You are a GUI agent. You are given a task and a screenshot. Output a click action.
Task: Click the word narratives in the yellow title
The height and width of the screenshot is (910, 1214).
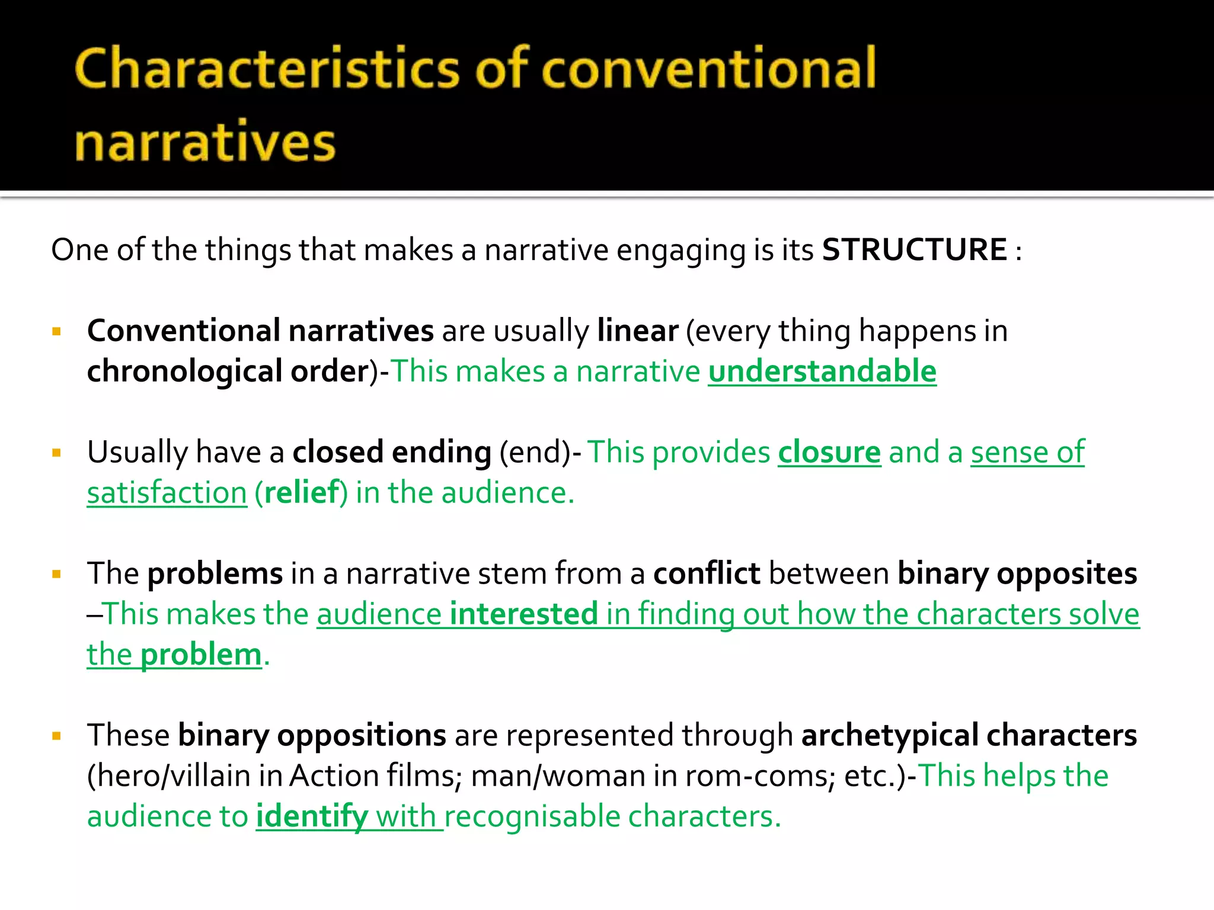[x=205, y=143]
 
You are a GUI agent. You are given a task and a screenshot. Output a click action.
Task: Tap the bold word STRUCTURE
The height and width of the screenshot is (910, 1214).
[x=914, y=249]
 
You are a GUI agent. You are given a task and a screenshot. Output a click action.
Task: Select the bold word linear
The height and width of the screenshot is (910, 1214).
[x=637, y=331]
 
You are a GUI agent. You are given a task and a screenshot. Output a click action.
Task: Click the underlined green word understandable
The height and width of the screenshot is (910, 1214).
[x=822, y=371]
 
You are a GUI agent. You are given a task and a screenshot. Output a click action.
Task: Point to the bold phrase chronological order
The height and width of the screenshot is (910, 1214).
[x=228, y=371]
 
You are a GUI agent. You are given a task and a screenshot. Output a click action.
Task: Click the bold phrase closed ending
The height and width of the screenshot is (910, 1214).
[x=392, y=452]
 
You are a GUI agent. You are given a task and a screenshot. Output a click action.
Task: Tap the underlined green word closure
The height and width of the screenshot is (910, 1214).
[x=829, y=452]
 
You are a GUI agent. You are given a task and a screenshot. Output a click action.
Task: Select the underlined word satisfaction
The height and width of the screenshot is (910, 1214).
[x=167, y=493]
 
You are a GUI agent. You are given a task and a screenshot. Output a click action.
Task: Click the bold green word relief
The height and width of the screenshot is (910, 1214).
[x=302, y=493]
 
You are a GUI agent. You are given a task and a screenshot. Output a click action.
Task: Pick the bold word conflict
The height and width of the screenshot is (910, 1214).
[x=707, y=573]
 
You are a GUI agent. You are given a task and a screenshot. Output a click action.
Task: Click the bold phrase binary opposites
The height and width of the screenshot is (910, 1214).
[x=1017, y=573]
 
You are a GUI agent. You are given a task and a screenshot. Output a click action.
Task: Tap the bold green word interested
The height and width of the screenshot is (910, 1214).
[x=523, y=614]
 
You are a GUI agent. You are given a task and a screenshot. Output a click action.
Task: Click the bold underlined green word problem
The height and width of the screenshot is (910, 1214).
[x=201, y=655]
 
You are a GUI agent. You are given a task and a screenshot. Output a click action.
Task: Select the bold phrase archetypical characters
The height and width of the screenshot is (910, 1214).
[x=969, y=735]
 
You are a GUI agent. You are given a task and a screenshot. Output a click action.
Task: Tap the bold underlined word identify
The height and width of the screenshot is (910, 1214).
[x=312, y=816]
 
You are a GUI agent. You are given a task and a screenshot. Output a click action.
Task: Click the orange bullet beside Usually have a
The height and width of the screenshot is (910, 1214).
[x=57, y=453]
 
